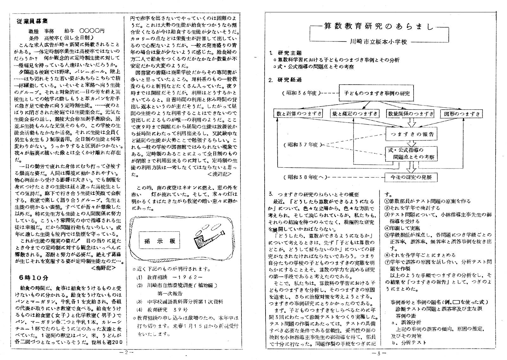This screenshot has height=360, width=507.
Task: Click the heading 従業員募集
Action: click(x=32, y=22)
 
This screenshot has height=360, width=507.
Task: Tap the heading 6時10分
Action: click(x=34, y=278)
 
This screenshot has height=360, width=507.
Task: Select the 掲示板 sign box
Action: click(x=159, y=241)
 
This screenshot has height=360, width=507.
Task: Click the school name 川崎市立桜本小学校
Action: click(x=378, y=42)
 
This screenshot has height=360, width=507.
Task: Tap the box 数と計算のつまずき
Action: click(x=298, y=114)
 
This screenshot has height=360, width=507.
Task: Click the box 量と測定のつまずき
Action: click(x=355, y=114)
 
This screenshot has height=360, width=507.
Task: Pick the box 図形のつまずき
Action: click(x=462, y=114)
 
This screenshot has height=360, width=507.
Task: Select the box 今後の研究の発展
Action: click(x=411, y=177)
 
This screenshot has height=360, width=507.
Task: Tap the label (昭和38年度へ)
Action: click(x=303, y=177)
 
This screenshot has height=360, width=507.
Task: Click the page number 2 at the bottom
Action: click(x=126, y=352)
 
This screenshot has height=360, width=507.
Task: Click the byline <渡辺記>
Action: click(x=219, y=174)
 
